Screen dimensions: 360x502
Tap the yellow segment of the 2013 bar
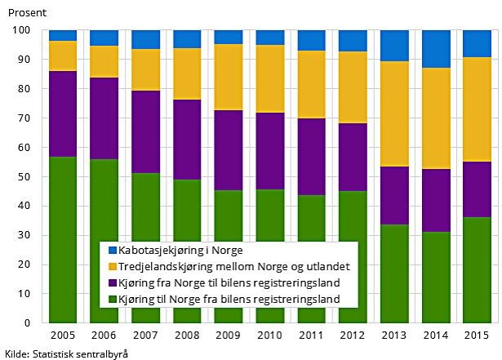pos(393,113)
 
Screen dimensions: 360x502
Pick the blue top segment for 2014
pos(435,49)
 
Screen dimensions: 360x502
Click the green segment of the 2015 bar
pos(477,269)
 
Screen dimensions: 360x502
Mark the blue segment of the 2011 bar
pos(311,40)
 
